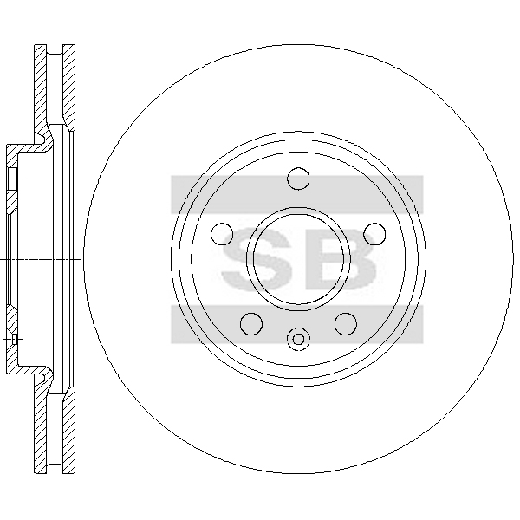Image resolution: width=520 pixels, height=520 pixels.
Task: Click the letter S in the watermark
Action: [257, 259]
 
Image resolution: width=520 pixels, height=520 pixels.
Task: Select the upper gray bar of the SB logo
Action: [297, 194]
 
